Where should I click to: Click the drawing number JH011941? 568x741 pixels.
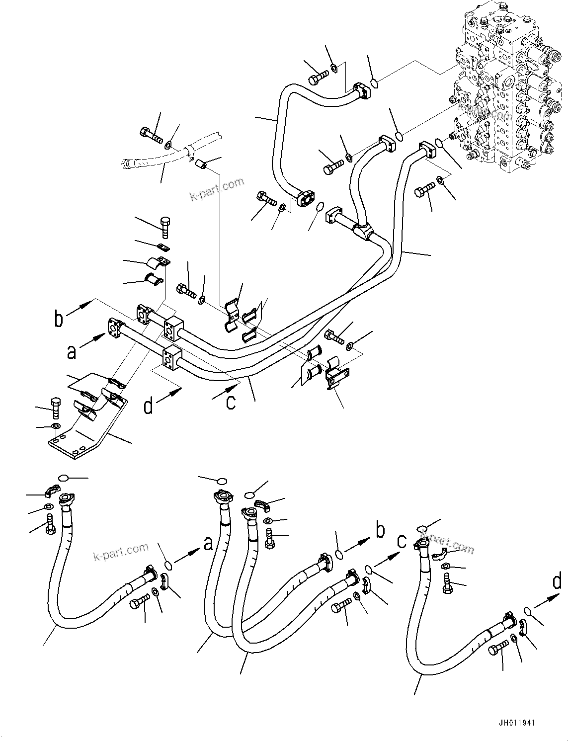point(514,724)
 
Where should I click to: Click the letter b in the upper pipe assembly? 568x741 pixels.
point(59,319)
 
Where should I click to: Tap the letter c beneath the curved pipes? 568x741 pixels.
point(231,402)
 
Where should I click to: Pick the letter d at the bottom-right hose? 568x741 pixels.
point(557,582)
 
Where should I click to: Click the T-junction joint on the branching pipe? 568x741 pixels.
point(365,231)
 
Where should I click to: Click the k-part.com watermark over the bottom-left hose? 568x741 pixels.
point(121,550)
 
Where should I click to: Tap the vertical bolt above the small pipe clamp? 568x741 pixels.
point(166,226)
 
